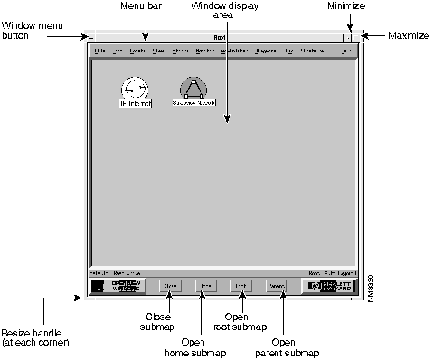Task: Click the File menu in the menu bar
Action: point(99,52)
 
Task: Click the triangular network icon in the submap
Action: point(192,88)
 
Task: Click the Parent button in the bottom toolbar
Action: point(276,285)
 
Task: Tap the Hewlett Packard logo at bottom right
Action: point(329,285)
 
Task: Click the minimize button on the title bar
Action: point(348,38)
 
